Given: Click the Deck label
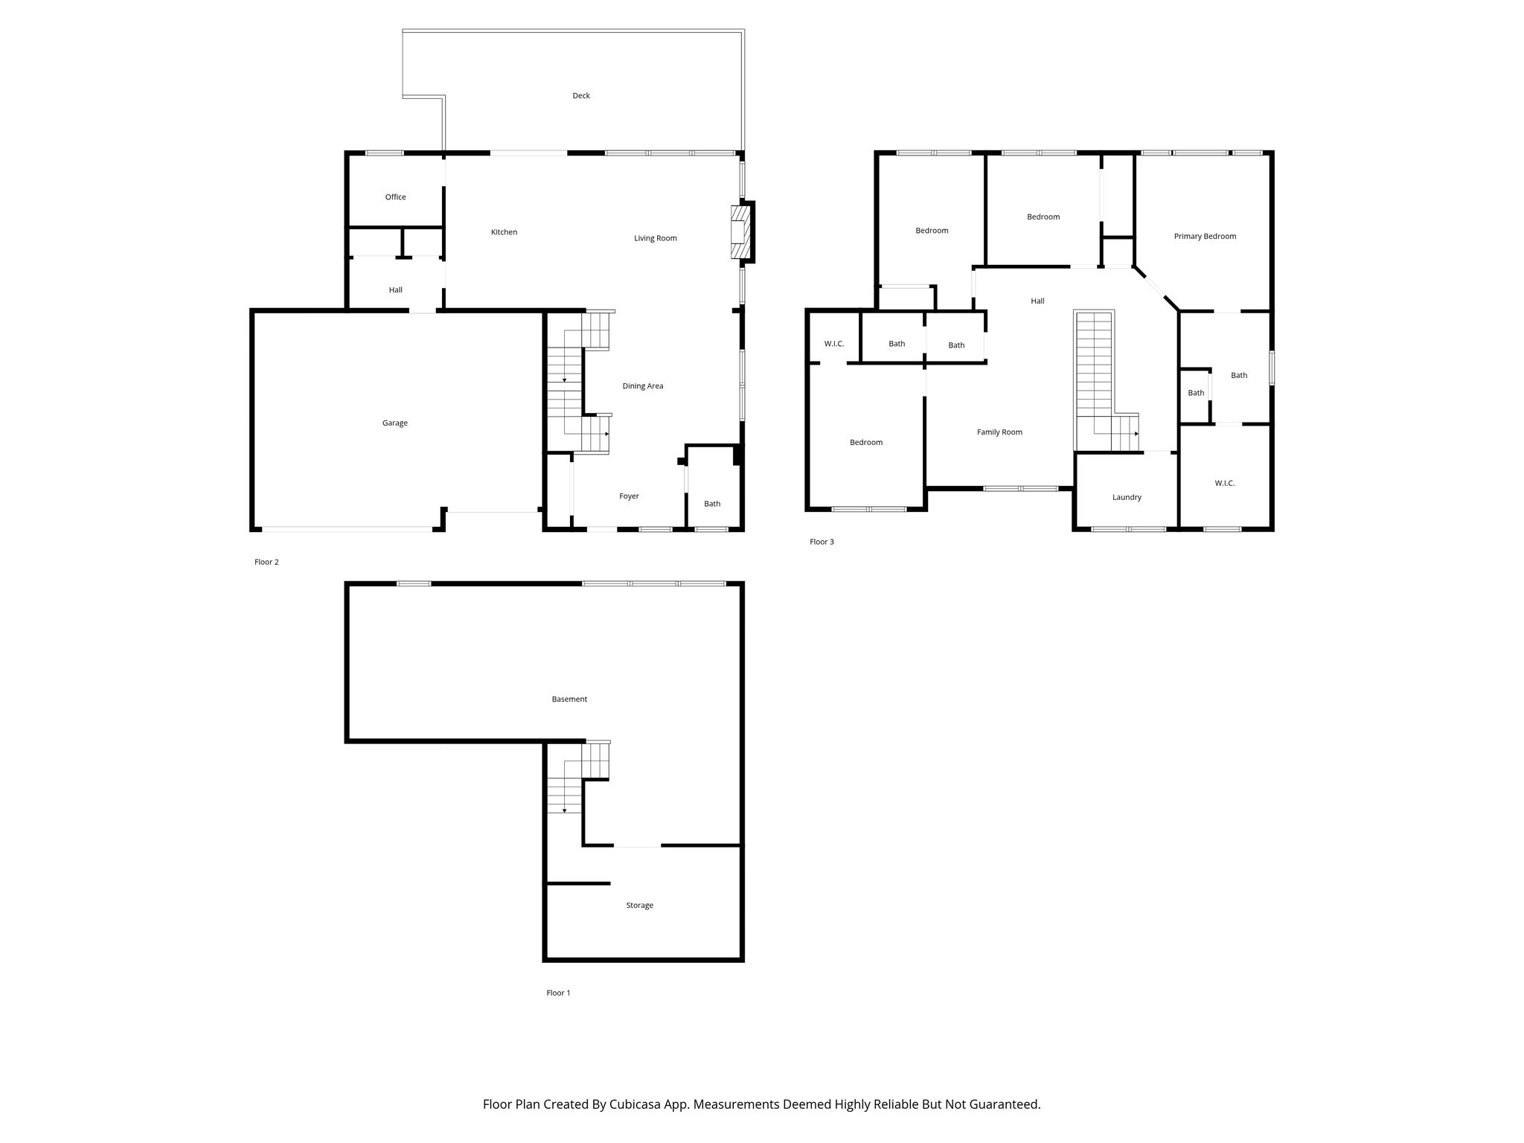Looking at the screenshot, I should pos(581,96).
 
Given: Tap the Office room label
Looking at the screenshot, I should pos(395,197).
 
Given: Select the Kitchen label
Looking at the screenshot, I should pos(504,232).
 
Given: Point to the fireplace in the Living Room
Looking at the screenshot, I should pos(741,232).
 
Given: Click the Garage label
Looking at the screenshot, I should pos(394,423).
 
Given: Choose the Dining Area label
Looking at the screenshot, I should pos(642,386).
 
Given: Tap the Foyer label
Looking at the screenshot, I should pos(629,496).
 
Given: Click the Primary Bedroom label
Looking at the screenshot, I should pos(1204,237).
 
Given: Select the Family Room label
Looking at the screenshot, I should pos(999,432).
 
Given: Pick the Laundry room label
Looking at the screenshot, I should pos(1126,498).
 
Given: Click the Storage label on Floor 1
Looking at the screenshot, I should pos(639,906).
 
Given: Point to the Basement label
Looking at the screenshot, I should pos(569,699).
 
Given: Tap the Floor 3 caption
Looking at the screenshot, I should pos(822,542).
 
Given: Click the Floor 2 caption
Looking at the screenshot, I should pos(266,562).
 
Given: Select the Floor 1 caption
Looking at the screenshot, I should pos(558,993).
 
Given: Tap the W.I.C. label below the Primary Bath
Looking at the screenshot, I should pos(1224,484).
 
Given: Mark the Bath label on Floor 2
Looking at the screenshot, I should pos(712,504).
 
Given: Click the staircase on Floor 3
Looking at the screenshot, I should pos(1093,372).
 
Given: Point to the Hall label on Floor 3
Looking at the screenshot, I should pos(1037,301).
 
